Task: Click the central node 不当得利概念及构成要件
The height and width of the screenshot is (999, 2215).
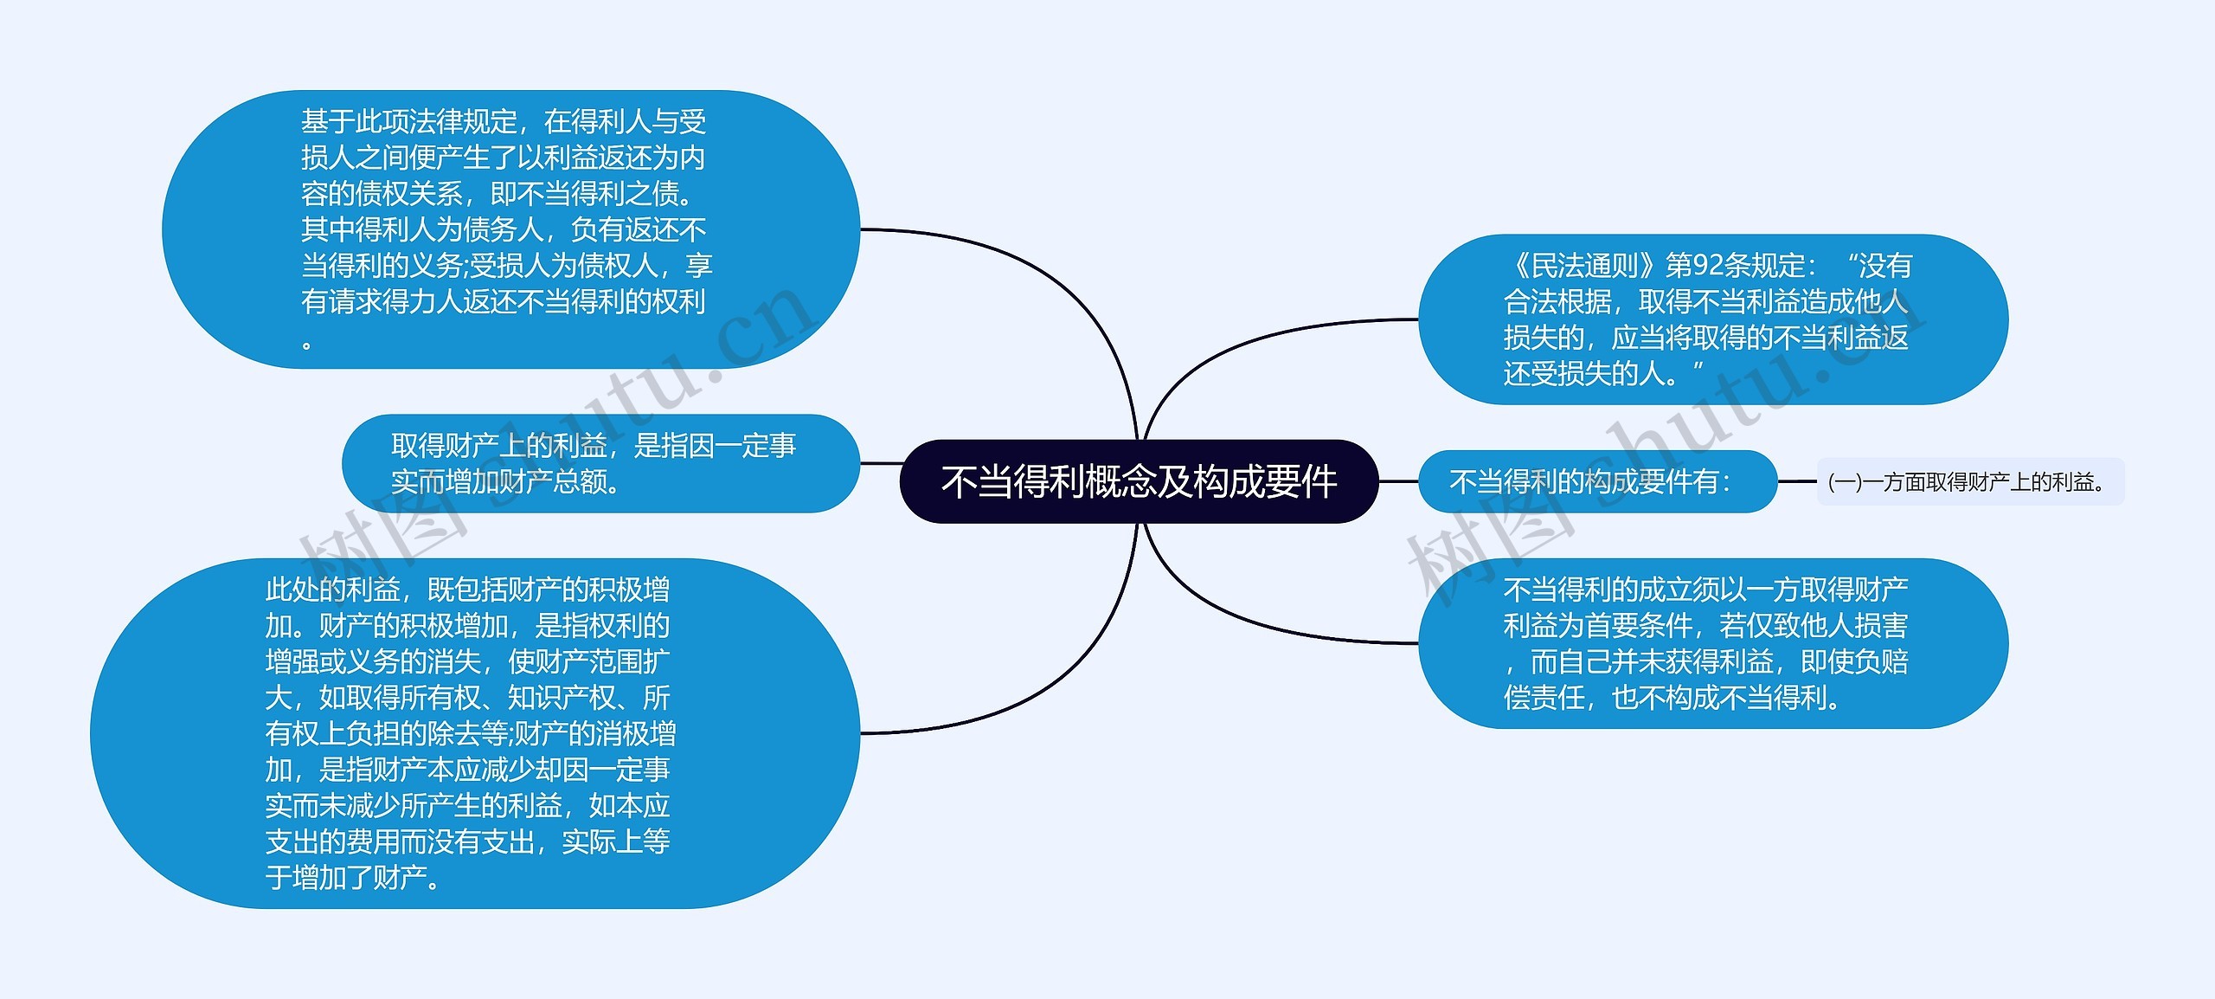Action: click(x=1139, y=481)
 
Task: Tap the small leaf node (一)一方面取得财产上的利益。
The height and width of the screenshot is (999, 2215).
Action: click(x=1969, y=481)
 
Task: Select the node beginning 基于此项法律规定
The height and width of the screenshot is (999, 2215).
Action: click(x=510, y=229)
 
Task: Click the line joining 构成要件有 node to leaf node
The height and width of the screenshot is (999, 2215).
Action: click(x=1796, y=481)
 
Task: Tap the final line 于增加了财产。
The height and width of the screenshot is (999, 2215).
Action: click(x=355, y=878)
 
